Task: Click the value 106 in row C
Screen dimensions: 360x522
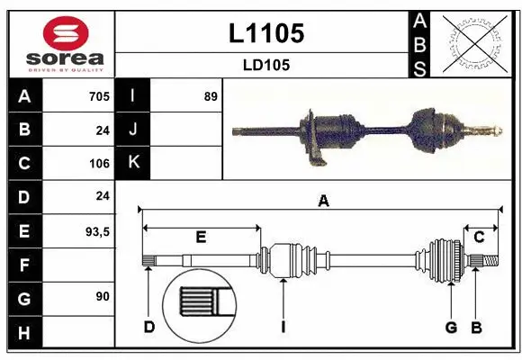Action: click(x=99, y=164)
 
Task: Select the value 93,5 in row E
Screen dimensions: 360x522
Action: click(x=96, y=231)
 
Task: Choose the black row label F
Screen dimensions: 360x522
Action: click(x=24, y=265)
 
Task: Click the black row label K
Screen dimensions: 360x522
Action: click(x=134, y=163)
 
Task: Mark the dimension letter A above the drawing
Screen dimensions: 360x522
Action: click(x=323, y=202)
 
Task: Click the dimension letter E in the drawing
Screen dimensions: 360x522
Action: click(x=201, y=237)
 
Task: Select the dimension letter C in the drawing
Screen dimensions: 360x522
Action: click(x=480, y=237)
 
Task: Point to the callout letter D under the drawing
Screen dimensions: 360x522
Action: click(x=149, y=327)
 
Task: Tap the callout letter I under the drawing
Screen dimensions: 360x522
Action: click(x=283, y=327)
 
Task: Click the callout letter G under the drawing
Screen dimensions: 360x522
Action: click(x=451, y=327)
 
